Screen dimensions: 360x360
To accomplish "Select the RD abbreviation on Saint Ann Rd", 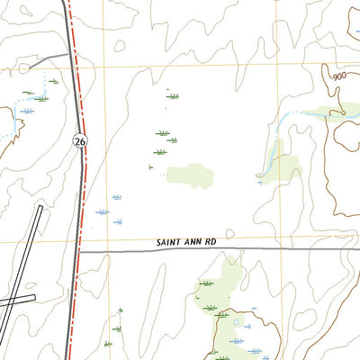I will (x=210, y=243).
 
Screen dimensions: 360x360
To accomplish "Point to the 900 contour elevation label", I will (x=337, y=77).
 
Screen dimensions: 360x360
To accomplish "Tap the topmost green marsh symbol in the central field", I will (x=172, y=94).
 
